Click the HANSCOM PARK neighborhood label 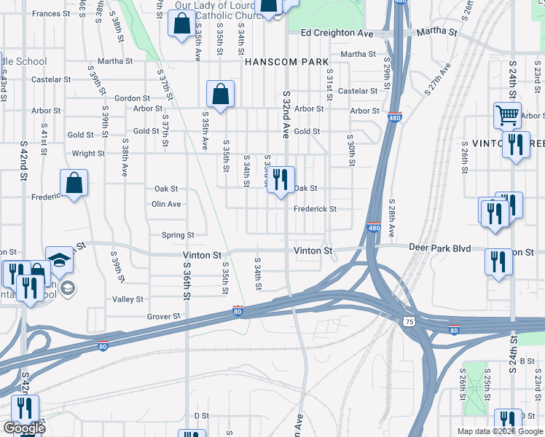[287, 62]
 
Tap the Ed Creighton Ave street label [337, 34]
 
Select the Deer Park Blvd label [440, 248]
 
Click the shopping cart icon [507, 114]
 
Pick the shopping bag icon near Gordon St [219, 94]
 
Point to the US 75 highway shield [409, 321]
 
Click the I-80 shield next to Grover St [238, 311]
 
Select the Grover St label [163, 317]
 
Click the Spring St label [178, 235]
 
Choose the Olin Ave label [166, 204]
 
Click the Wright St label [88, 154]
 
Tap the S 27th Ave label [437, 80]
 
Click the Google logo [24, 428]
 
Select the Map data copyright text [499, 431]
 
